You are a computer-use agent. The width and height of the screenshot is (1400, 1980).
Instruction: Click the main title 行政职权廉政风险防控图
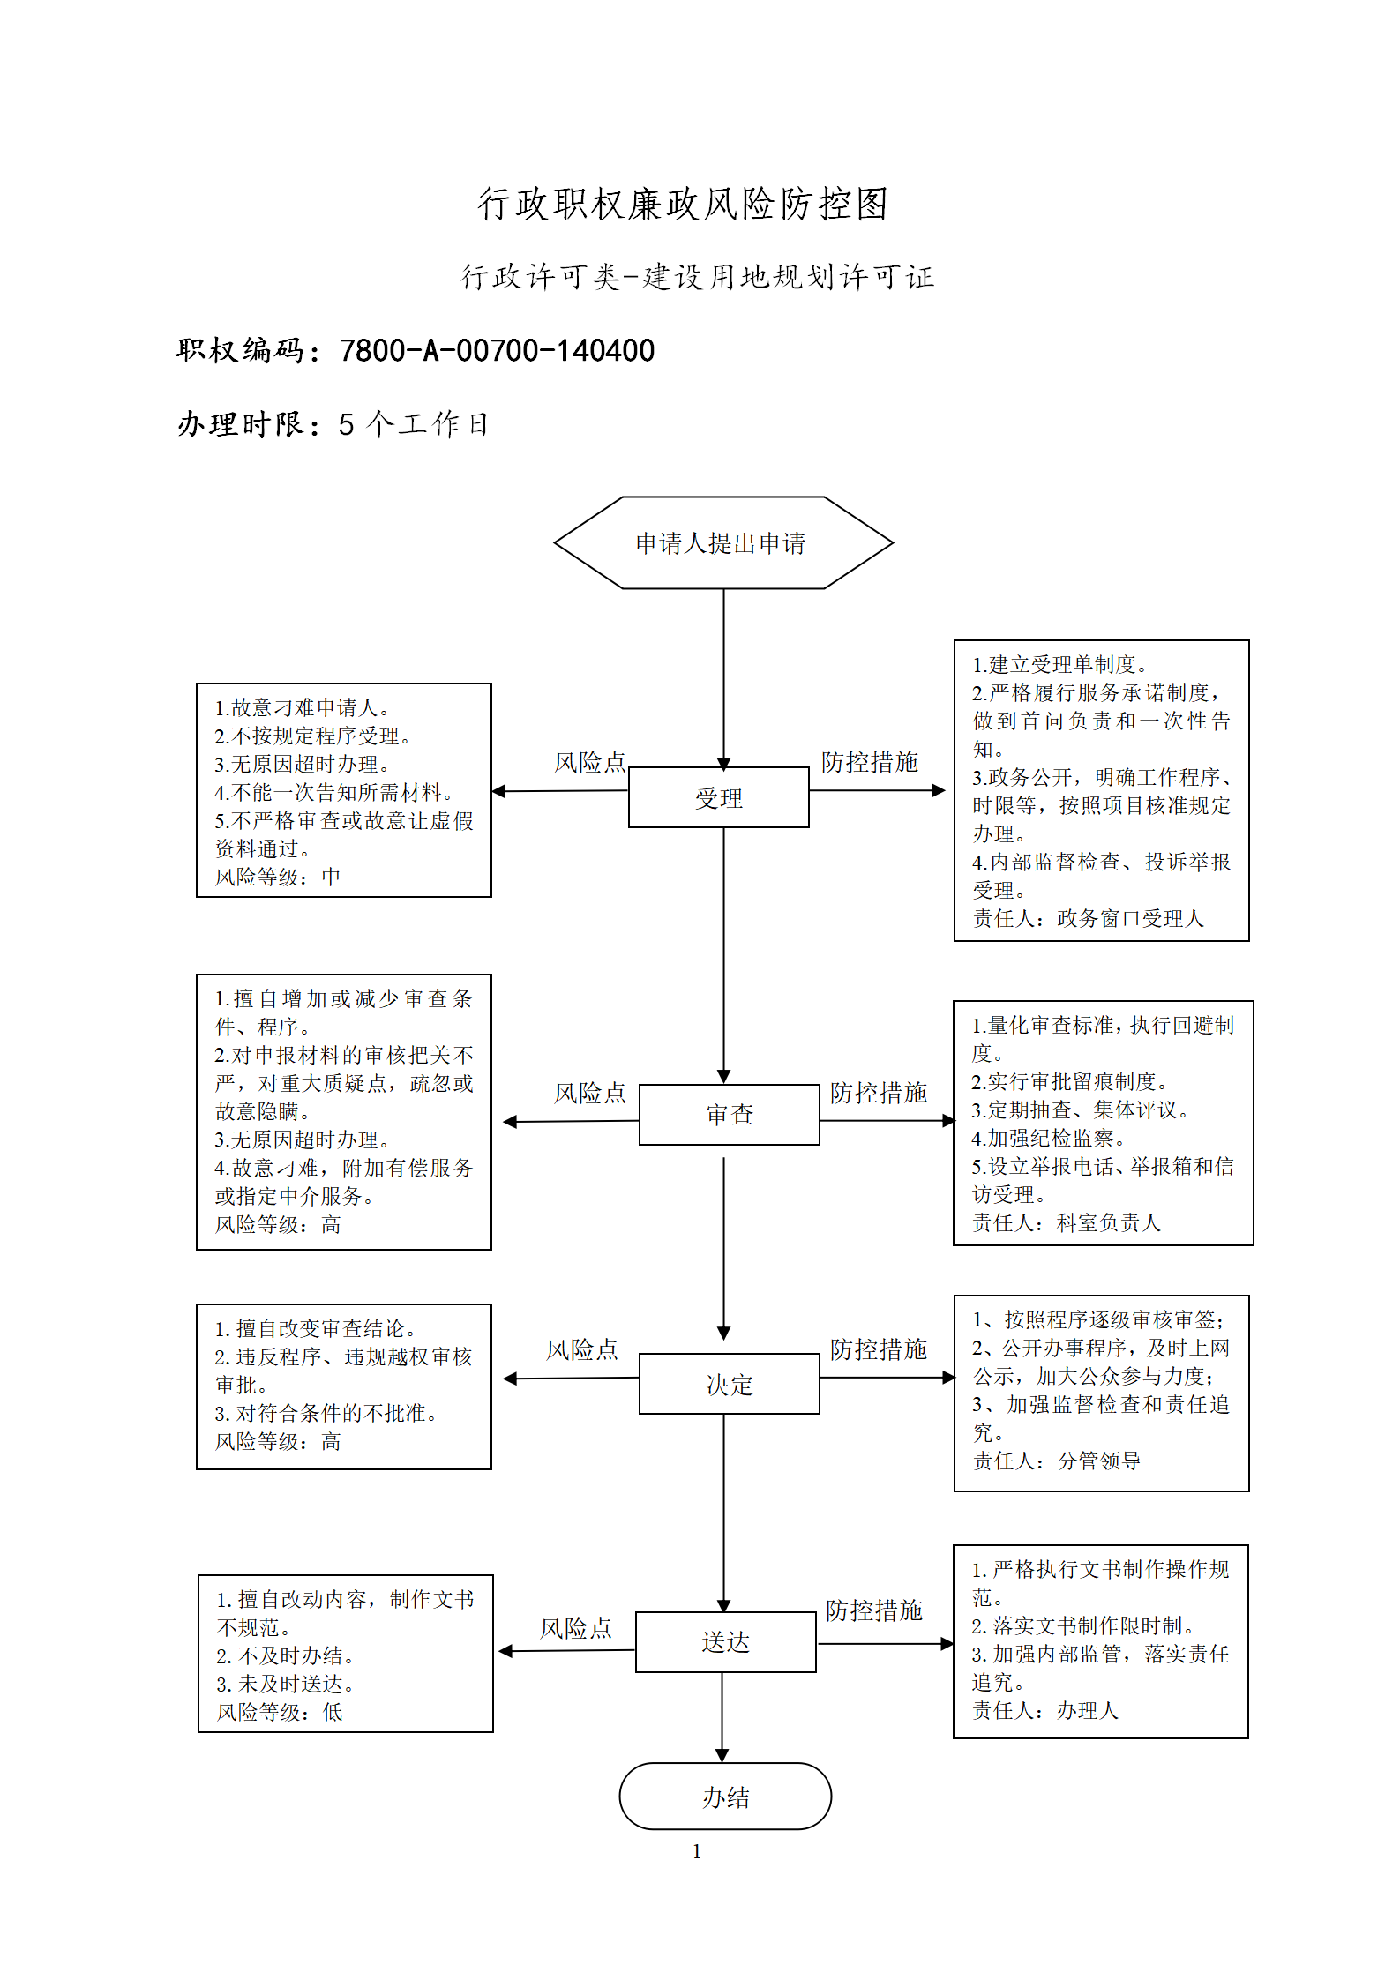[x=683, y=204]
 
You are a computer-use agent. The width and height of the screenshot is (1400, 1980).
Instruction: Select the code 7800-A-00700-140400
[x=498, y=351]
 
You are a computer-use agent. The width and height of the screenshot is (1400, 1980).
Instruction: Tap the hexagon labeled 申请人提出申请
[x=723, y=542]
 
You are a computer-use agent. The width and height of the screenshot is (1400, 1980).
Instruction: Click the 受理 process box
[x=719, y=797]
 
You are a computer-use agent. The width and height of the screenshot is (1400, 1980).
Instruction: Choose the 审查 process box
[x=730, y=1115]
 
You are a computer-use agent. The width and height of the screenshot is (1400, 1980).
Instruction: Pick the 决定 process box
[x=730, y=1384]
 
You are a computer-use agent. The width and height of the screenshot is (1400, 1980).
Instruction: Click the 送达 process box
[x=726, y=1642]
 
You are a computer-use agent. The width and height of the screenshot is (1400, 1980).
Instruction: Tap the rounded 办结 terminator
[x=725, y=1797]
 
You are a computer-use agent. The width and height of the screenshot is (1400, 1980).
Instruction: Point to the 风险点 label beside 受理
[x=590, y=762]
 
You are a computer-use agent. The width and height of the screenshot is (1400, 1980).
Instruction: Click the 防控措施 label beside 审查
[x=879, y=1093]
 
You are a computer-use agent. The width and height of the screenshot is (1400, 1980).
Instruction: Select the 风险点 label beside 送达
[x=576, y=1628]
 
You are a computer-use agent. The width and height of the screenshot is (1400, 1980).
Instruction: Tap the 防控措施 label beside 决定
[x=879, y=1349]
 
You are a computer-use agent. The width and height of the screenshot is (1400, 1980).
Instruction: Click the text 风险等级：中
[x=278, y=877]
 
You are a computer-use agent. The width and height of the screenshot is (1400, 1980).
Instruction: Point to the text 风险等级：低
[x=280, y=1712]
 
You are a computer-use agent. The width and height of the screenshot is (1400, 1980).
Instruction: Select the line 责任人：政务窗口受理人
[x=1089, y=919]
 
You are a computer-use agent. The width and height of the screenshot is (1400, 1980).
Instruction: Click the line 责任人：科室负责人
[x=1067, y=1222]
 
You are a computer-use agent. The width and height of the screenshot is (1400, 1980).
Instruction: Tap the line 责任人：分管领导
[x=1057, y=1461]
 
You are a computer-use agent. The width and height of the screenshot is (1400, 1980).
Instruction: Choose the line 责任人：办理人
[x=1045, y=1710]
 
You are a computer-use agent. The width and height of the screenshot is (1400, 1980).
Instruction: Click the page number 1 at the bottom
[x=697, y=1851]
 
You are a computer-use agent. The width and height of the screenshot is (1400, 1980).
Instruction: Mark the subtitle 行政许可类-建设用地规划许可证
[x=698, y=277]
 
